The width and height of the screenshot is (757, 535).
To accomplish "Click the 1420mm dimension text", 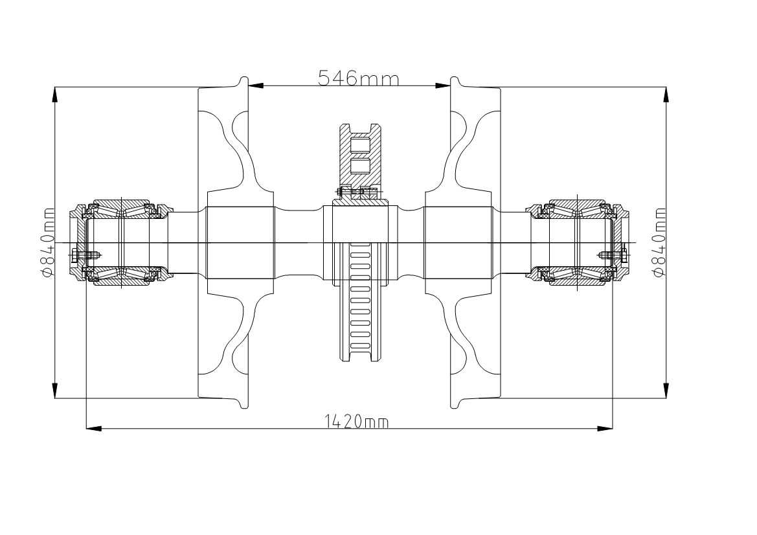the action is click(357, 422).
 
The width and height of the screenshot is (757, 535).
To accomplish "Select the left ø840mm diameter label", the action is click(47, 242).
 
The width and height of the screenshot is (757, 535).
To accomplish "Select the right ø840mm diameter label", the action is click(659, 242).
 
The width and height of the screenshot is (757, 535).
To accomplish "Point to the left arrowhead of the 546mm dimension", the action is click(256, 86).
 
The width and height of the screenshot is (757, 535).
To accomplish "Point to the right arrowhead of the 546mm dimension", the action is click(443, 86).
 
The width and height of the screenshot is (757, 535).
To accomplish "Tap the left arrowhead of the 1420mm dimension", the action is click(94, 428).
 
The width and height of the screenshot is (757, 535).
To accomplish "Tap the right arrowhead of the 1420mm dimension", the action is click(605, 428).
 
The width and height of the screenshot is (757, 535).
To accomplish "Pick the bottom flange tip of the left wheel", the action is click(243, 406).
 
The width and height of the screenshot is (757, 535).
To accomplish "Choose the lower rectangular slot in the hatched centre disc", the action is click(359, 166).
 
